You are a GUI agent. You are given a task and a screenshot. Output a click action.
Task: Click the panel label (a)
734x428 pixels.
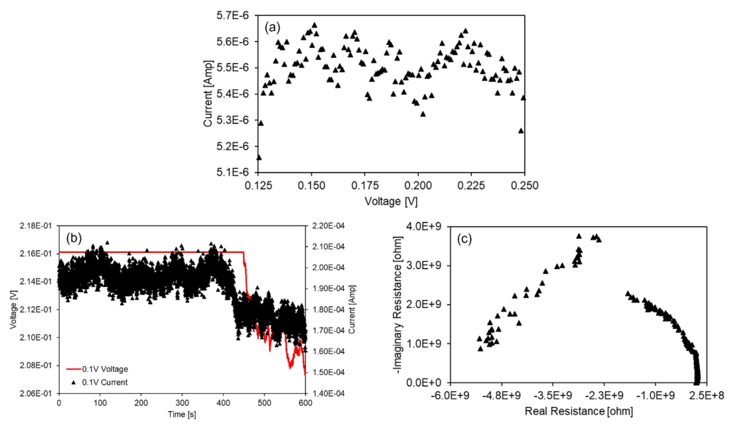(273, 26)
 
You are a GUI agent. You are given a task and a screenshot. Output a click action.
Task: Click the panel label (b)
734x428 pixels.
(74, 237)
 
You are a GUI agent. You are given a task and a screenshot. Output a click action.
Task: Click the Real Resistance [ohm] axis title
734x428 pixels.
(578, 411)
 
